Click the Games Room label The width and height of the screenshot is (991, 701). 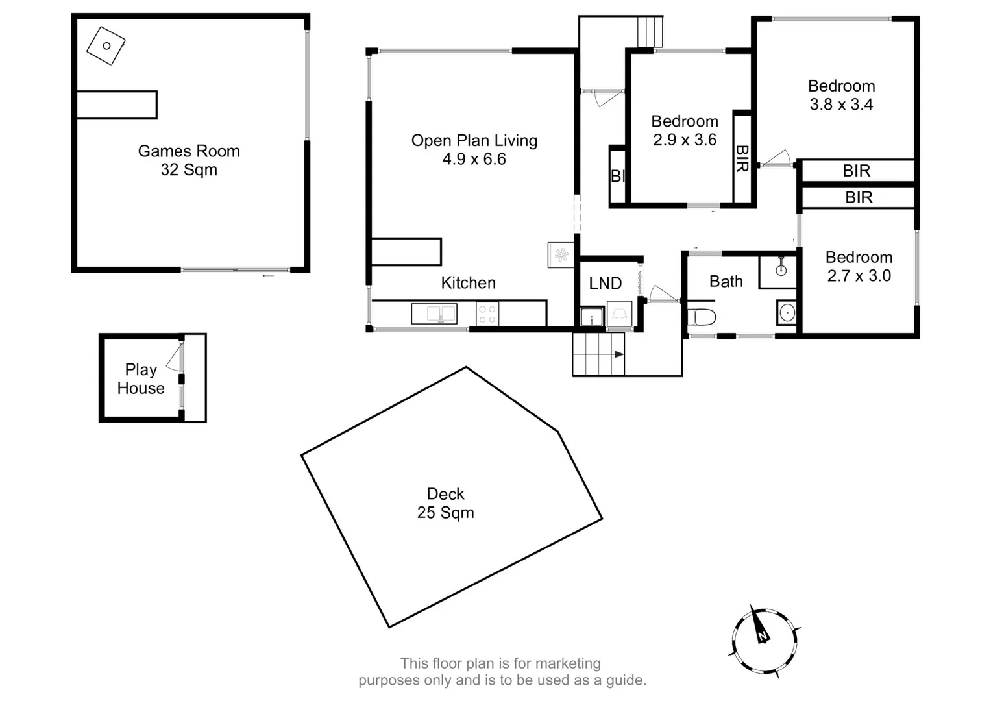[x=189, y=151]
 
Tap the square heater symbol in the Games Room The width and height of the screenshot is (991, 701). [x=106, y=45]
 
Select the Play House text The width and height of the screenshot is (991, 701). [x=141, y=379]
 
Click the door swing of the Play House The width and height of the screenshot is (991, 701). [x=173, y=359]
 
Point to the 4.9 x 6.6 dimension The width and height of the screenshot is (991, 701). [x=474, y=159]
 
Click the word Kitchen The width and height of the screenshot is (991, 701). [x=468, y=283]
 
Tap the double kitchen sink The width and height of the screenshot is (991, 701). [x=434, y=314]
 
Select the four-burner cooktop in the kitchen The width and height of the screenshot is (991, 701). [x=487, y=314]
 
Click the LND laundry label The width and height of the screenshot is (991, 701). [x=605, y=284]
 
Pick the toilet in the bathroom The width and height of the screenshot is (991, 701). [x=702, y=317]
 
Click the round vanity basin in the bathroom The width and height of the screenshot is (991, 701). [x=787, y=313]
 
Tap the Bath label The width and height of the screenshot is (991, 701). [x=726, y=282]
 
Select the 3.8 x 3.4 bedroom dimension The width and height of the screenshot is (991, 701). [x=841, y=105]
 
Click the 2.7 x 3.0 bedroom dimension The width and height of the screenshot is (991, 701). [x=859, y=276]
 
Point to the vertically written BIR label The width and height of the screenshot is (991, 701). [x=742, y=158]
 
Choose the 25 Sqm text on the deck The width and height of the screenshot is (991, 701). [x=445, y=513]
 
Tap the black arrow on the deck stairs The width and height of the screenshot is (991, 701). [x=618, y=354]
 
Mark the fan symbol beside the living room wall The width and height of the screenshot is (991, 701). [x=561, y=255]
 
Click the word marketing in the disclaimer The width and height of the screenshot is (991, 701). [x=569, y=663]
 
